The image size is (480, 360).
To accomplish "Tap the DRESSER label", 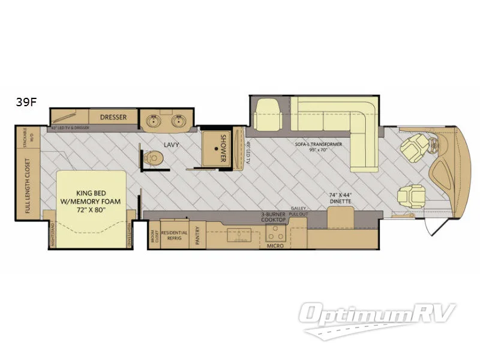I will [113, 117].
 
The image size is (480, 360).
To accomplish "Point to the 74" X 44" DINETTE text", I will [341, 199].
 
